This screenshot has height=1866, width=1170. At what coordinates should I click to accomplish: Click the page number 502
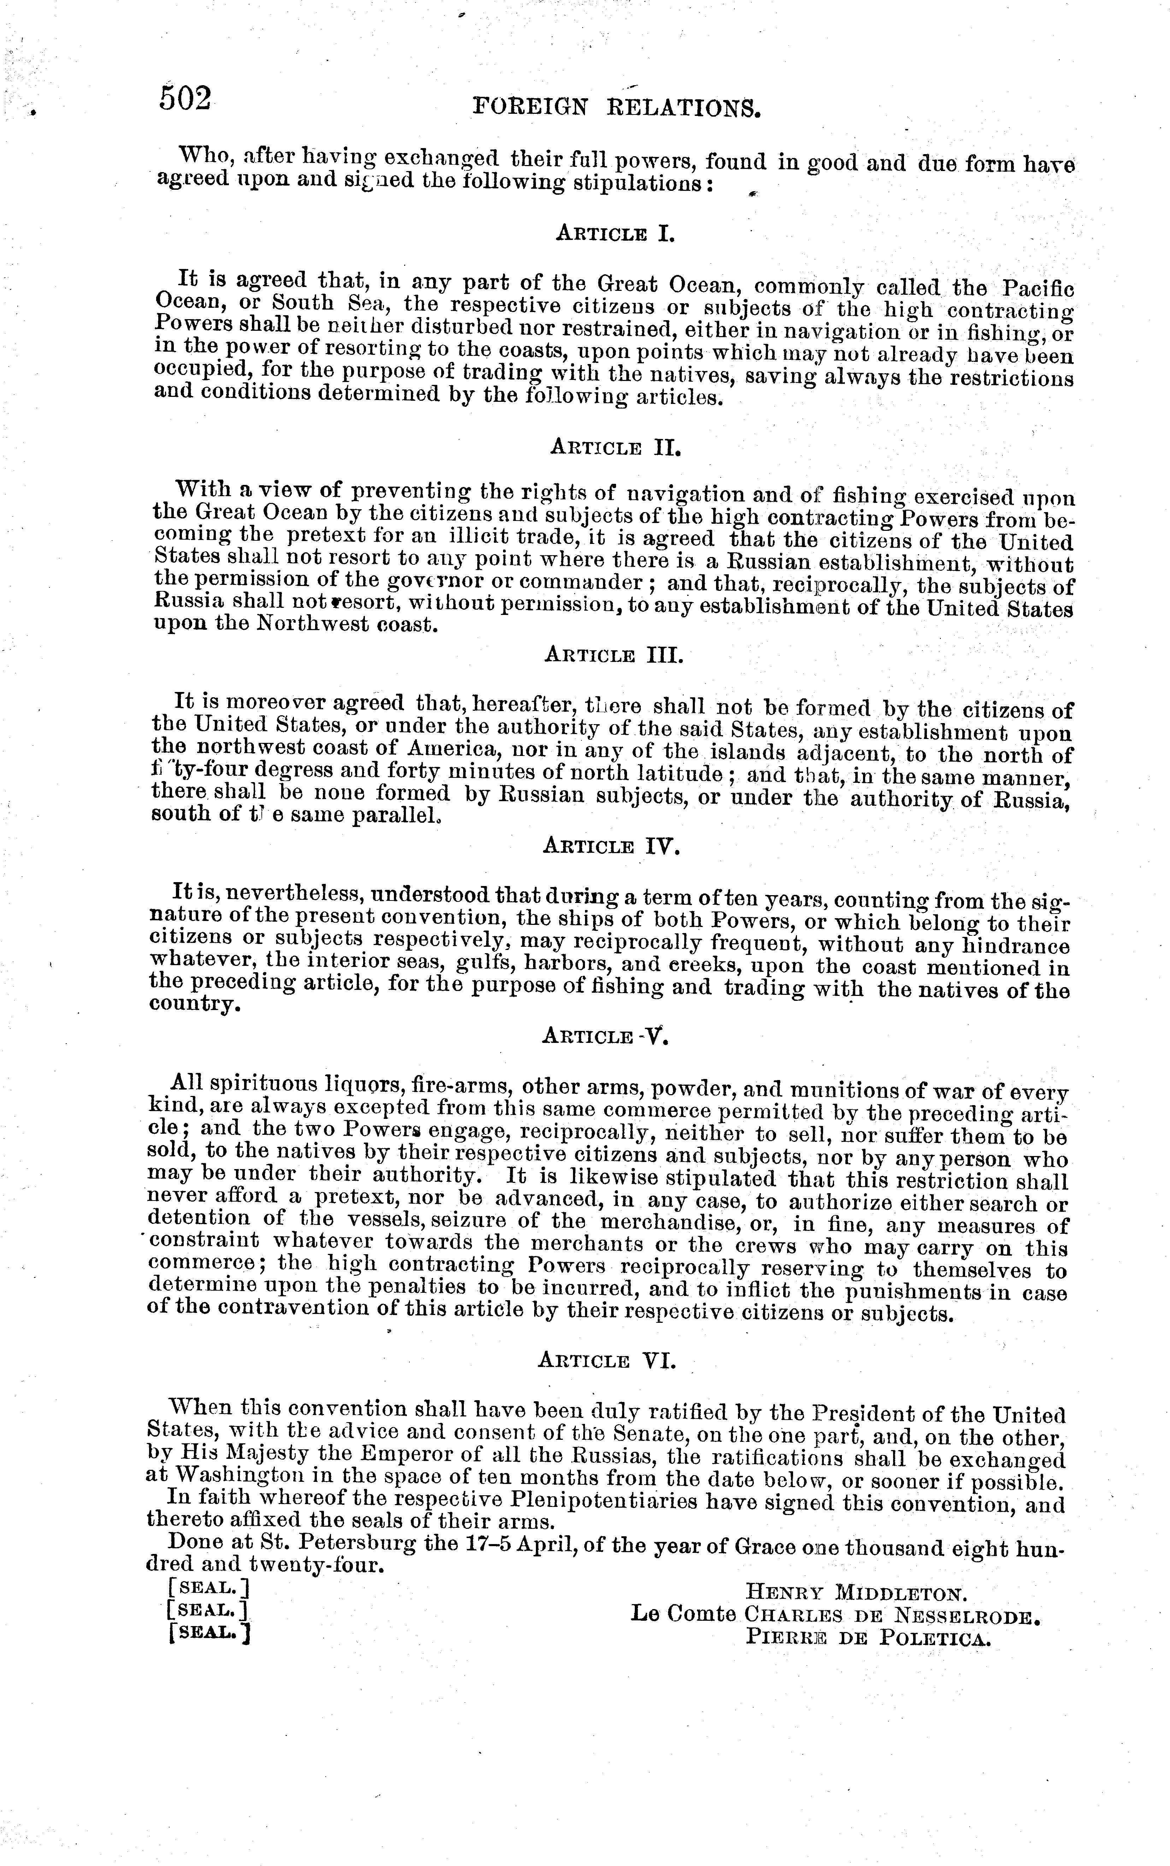[x=185, y=99]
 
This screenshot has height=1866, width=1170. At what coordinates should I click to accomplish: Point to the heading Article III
[x=614, y=656]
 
